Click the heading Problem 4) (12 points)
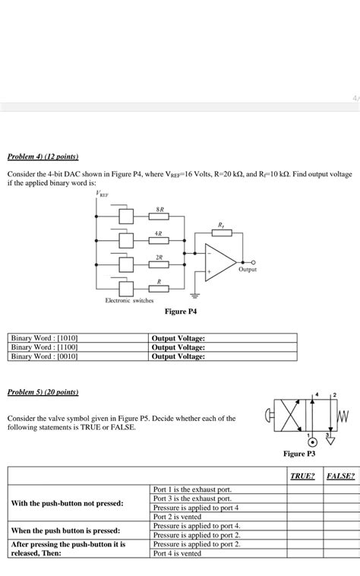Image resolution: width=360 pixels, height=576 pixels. click(x=43, y=157)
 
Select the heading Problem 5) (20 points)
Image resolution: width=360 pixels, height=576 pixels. click(x=43, y=392)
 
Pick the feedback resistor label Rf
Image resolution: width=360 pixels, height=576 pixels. click(x=221, y=225)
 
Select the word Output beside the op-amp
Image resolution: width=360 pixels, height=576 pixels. click(x=248, y=270)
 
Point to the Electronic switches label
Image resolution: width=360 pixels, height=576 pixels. click(x=129, y=301)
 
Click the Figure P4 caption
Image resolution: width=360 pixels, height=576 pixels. click(x=181, y=312)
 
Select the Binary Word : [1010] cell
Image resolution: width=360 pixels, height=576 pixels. click(x=46, y=338)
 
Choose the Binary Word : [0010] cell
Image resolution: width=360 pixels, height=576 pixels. click(x=46, y=356)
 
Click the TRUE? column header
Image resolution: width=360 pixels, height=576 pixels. click(x=303, y=476)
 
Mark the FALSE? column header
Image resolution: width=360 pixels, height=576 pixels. click(x=340, y=476)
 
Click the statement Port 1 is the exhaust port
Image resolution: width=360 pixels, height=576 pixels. click(x=192, y=489)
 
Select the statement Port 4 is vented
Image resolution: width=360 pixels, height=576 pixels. click(x=177, y=553)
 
